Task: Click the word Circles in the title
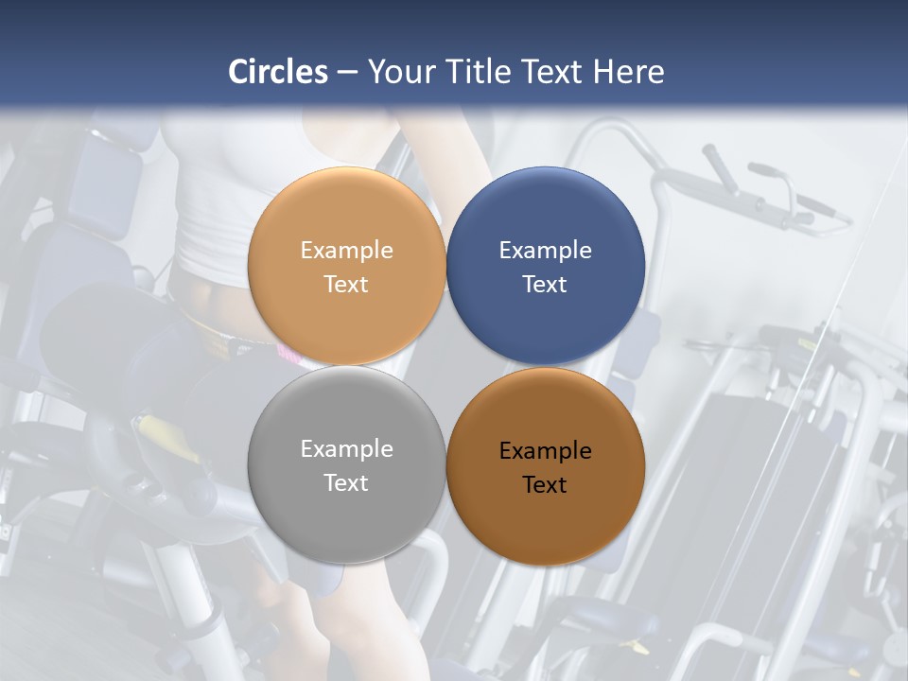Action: click(278, 72)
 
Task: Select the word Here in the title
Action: click(628, 72)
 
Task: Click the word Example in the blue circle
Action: click(546, 251)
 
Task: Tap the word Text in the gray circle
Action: click(346, 482)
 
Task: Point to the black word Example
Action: click(546, 451)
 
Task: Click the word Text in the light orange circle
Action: click(346, 285)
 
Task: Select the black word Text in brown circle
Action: click(545, 485)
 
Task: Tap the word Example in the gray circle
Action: click(346, 449)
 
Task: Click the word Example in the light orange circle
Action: click(346, 251)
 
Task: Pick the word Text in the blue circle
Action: click(545, 285)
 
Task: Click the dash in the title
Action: click(347, 73)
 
